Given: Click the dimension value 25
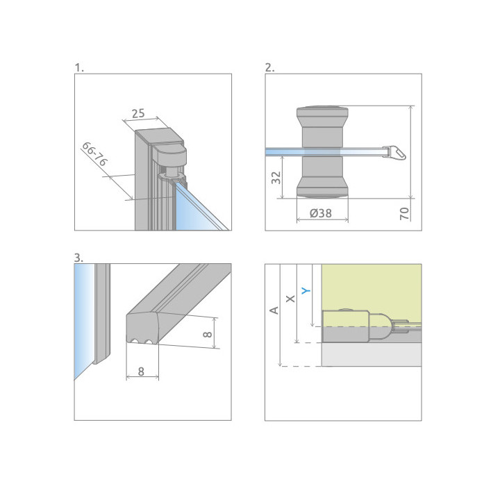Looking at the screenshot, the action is (138, 113).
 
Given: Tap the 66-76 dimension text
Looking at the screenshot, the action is (94, 154).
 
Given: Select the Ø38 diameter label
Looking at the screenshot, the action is (321, 213).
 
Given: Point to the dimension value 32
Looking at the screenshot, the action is (276, 178).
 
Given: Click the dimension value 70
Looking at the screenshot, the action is (404, 213).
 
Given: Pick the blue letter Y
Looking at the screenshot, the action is (306, 290).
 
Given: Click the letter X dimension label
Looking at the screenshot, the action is (290, 299).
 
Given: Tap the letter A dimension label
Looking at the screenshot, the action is (274, 310).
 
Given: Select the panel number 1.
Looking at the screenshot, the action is (79, 67).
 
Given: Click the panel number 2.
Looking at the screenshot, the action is (269, 67).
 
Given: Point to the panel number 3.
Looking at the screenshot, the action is (78, 258).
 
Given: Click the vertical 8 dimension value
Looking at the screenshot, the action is (207, 334).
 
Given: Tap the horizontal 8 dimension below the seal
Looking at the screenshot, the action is (141, 372).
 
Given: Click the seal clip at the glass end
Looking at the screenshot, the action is (394, 152).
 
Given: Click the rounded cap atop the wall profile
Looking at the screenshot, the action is (169, 153).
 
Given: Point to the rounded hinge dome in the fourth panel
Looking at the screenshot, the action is (379, 327).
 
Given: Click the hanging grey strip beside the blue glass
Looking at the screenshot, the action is (102, 313).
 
